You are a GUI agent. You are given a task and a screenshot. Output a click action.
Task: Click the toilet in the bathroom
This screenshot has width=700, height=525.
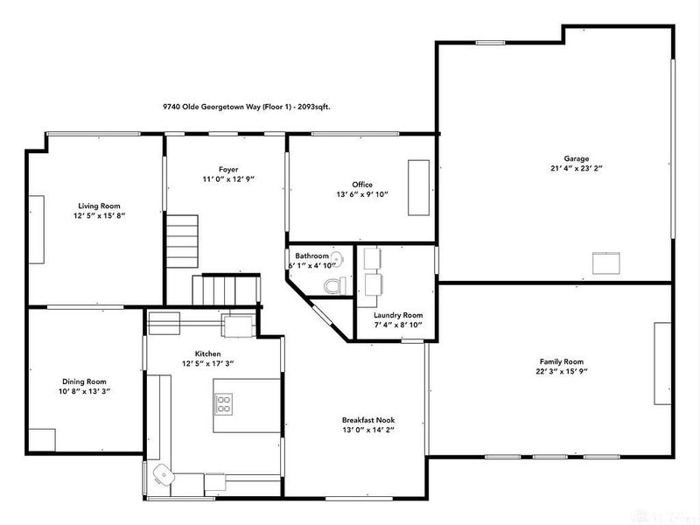tap(333, 284)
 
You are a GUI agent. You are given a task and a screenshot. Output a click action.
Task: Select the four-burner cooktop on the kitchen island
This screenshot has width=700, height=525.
tap(223, 403)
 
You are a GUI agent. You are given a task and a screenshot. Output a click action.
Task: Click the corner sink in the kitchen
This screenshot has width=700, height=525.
tap(161, 474)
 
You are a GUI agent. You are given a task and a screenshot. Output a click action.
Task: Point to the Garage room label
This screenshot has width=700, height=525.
tap(576, 157)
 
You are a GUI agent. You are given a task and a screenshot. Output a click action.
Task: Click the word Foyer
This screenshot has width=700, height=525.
tap(228, 169)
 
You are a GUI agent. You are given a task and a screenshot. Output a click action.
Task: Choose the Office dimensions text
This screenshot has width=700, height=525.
tap(362, 195)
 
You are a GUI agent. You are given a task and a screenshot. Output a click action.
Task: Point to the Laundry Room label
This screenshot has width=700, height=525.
tap(397, 315)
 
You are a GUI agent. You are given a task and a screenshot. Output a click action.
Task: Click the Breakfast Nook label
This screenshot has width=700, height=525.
tap(368, 420)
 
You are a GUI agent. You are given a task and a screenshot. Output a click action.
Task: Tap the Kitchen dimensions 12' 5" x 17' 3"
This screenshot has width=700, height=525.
tap(207, 363)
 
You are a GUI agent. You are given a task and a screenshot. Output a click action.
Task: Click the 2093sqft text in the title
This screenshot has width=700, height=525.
tap(313, 107)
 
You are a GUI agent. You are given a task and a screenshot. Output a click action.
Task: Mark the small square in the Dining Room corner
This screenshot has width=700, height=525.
tap(42, 438)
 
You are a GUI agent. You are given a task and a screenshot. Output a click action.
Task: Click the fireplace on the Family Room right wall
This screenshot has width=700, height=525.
tap(662, 363)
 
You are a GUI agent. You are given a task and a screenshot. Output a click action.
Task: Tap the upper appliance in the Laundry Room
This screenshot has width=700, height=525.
tap(371, 258)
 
